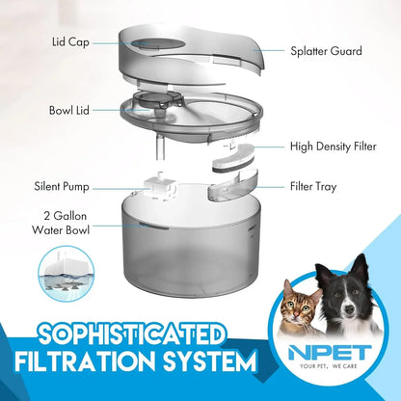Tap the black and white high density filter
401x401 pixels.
pyautogui.click(x=233, y=155)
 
